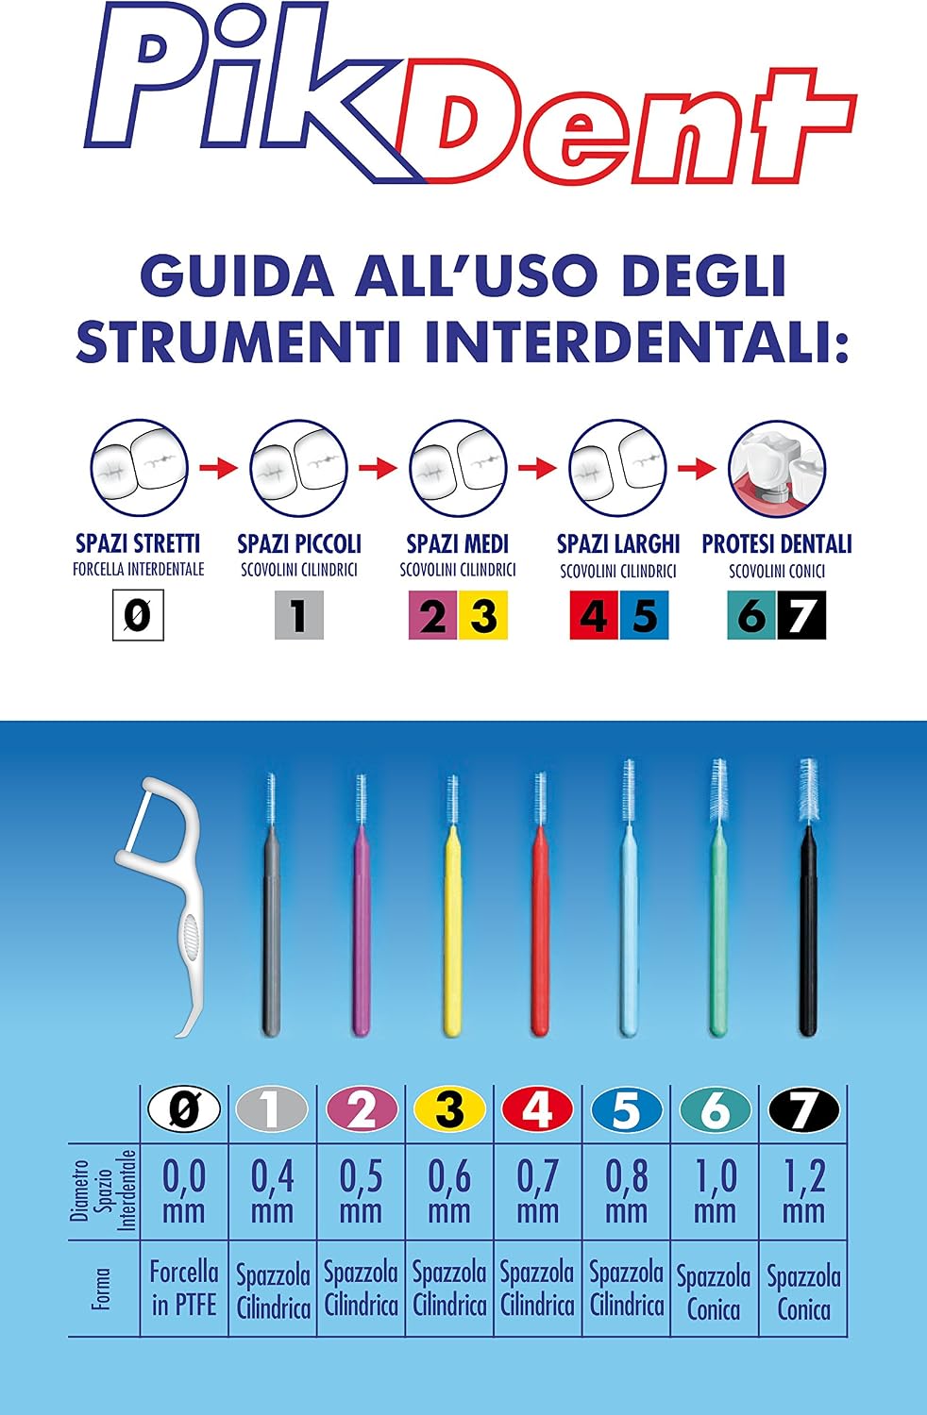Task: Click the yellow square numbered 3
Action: click(x=483, y=615)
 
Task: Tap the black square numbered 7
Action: click(x=801, y=615)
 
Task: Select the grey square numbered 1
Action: click(x=299, y=615)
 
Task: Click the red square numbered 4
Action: click(x=595, y=615)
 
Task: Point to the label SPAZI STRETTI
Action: click(x=138, y=543)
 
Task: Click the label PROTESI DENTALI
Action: click(x=777, y=544)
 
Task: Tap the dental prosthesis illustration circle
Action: click(x=777, y=468)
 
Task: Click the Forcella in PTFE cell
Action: click(x=184, y=1289)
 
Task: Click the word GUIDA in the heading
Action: click(x=237, y=276)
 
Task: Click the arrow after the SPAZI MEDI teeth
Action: click(x=537, y=468)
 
